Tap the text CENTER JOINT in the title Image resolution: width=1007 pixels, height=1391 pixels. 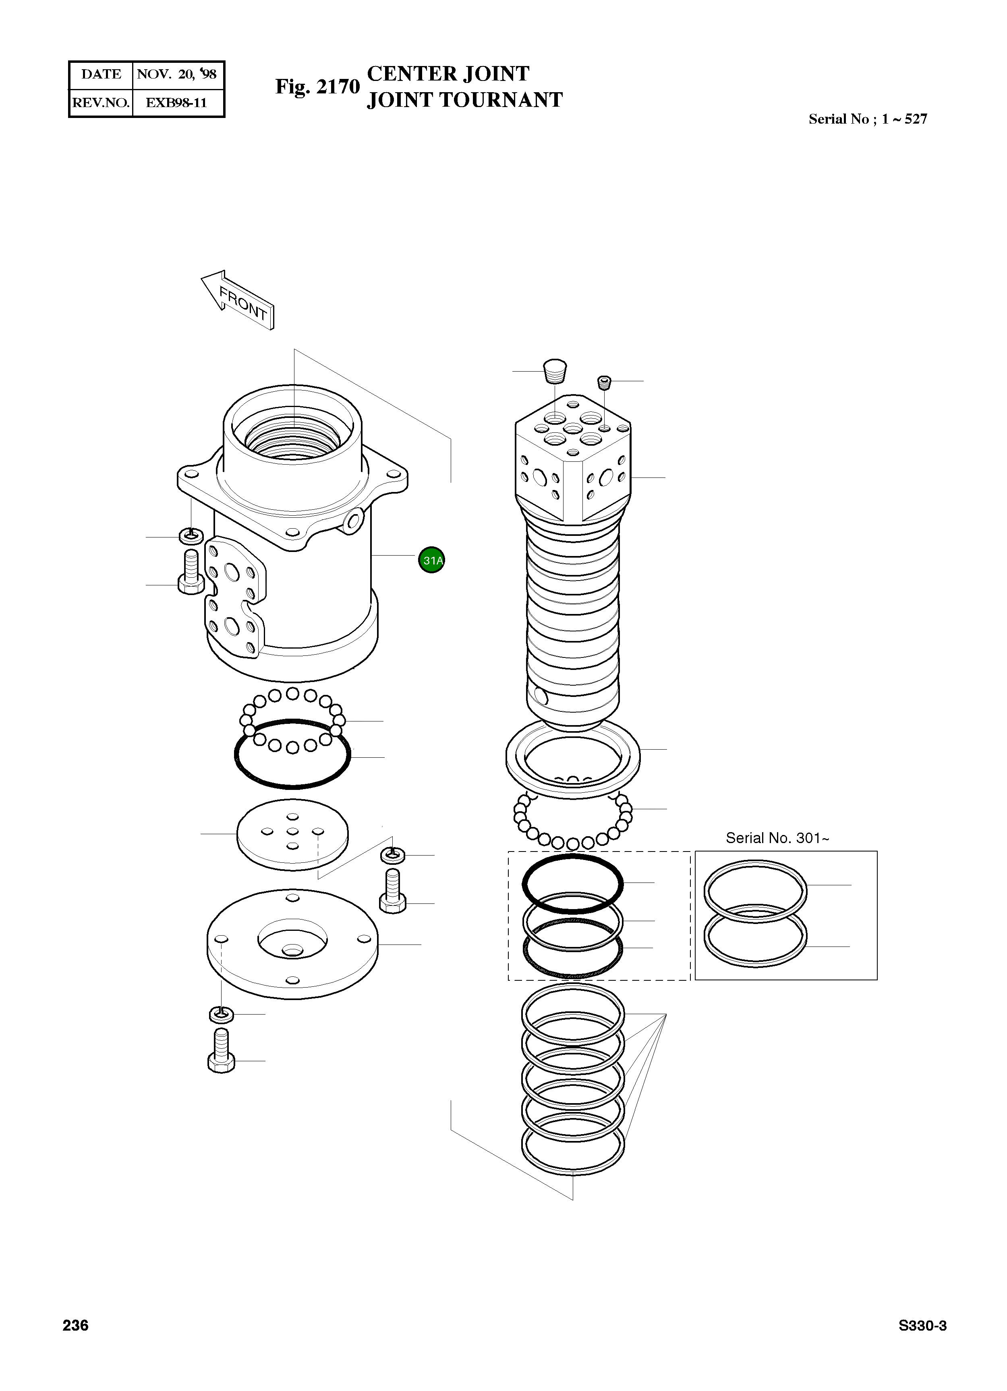(x=448, y=74)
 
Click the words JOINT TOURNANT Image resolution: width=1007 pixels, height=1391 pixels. (x=464, y=100)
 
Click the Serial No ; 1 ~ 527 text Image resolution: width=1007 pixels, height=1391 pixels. (x=867, y=119)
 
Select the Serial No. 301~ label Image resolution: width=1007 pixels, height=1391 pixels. (x=777, y=838)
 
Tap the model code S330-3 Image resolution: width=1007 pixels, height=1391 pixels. (x=922, y=1325)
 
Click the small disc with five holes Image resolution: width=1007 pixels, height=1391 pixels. (x=292, y=834)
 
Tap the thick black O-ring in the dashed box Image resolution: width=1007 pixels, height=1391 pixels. (x=572, y=883)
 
